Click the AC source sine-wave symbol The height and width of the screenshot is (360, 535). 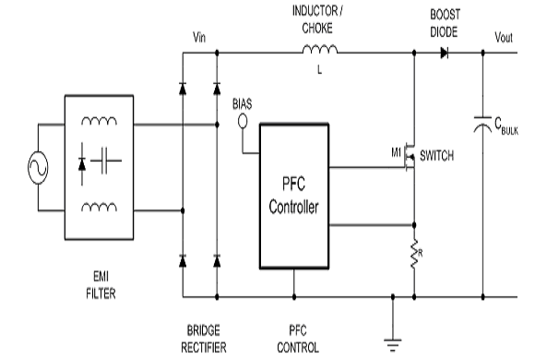(38, 167)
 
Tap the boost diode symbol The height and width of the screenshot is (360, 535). (445, 53)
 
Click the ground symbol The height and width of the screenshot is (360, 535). (393, 345)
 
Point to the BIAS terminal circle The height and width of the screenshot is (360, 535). (243, 121)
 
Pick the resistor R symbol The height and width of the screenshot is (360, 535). (414, 254)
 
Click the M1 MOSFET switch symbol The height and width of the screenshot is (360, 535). (410, 157)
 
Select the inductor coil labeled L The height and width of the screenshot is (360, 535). (320, 49)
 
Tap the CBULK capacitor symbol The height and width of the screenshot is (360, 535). (482, 125)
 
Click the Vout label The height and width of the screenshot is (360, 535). (504, 37)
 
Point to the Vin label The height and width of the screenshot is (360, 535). (199, 37)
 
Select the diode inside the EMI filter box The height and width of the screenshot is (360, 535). (82, 164)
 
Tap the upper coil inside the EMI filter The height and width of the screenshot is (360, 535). (99, 121)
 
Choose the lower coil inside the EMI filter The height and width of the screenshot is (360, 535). (99, 207)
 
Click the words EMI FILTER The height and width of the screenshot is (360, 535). (101, 285)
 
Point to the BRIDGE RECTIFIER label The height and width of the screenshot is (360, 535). (203, 339)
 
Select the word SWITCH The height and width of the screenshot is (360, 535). (436, 156)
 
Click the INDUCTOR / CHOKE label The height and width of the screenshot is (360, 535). (317, 19)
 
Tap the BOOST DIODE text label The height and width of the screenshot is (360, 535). (445, 23)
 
